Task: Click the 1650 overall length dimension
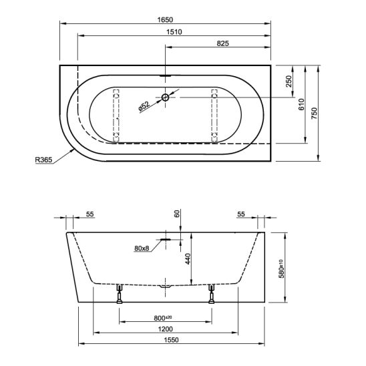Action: click(165, 20)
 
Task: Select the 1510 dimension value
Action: click(174, 32)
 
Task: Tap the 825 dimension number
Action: click(222, 43)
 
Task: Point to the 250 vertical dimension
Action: click(289, 81)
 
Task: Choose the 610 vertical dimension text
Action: click(301, 104)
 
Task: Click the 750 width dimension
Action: click(315, 114)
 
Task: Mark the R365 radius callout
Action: click(43, 160)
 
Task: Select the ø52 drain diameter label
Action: click(144, 106)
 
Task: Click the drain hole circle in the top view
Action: click(165, 97)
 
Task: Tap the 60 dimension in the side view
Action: click(177, 214)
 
